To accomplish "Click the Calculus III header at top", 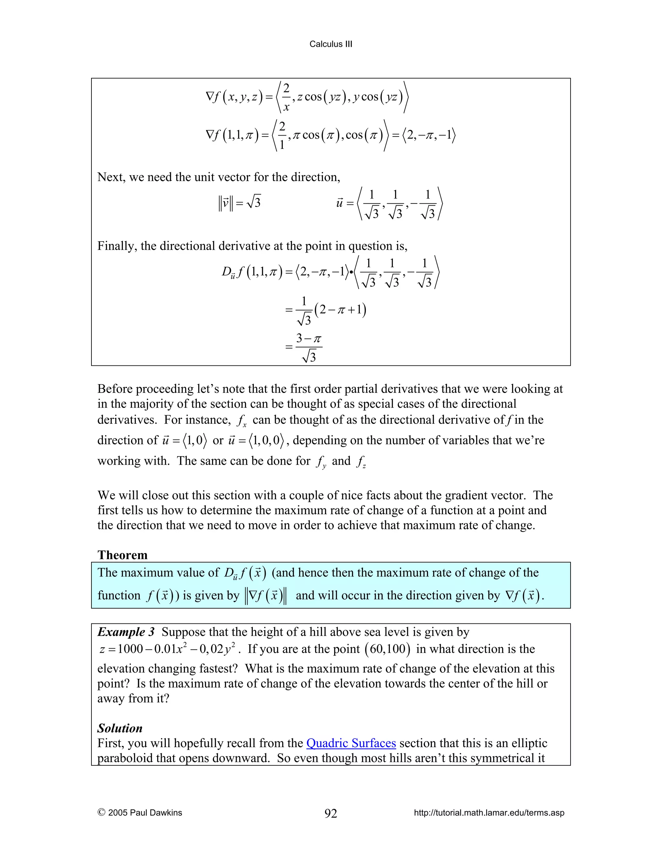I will pyautogui.click(x=331, y=44).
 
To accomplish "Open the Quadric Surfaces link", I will pyautogui.click(x=351, y=743).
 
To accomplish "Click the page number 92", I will pyautogui.click(x=331, y=813).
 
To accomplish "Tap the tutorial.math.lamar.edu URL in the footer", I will pyautogui.click(x=489, y=813).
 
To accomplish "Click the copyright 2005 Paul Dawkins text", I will pyautogui.click(x=140, y=813).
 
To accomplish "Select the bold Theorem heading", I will pyautogui.click(x=123, y=555).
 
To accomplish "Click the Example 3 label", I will pyautogui.click(x=126, y=632).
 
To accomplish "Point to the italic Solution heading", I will pyautogui.click(x=120, y=728).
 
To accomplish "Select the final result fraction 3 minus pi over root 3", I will pyautogui.click(x=309, y=347).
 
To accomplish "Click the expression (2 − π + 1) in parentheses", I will pyautogui.click(x=340, y=310).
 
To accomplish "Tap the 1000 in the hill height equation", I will pyautogui.click(x=130, y=649).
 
